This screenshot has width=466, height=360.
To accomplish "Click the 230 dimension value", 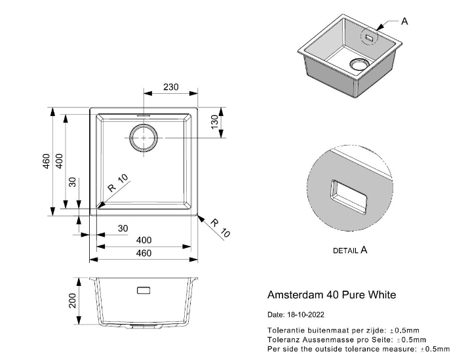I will [170, 87].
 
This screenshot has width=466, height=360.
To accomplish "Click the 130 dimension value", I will [214, 122].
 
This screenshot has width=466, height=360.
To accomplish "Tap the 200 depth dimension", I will [73, 300].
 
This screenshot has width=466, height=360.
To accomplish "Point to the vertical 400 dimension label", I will [59, 161].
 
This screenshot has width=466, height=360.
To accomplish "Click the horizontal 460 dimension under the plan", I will [144, 253].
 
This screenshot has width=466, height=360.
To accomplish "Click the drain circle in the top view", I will [144, 138].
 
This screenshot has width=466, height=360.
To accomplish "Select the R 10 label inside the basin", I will [120, 183].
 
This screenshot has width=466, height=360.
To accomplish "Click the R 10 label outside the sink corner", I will [220, 227].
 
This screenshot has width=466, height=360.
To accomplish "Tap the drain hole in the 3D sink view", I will [359, 64].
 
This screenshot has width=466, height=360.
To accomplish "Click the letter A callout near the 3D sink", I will [404, 21].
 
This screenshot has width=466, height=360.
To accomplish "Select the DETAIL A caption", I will [350, 250].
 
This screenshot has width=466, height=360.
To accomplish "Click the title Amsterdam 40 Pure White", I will [332, 295].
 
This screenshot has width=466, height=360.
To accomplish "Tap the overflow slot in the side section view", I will [144, 290].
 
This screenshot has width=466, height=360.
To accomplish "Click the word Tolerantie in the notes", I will [286, 330].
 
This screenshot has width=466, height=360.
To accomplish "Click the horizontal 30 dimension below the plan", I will [123, 228].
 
